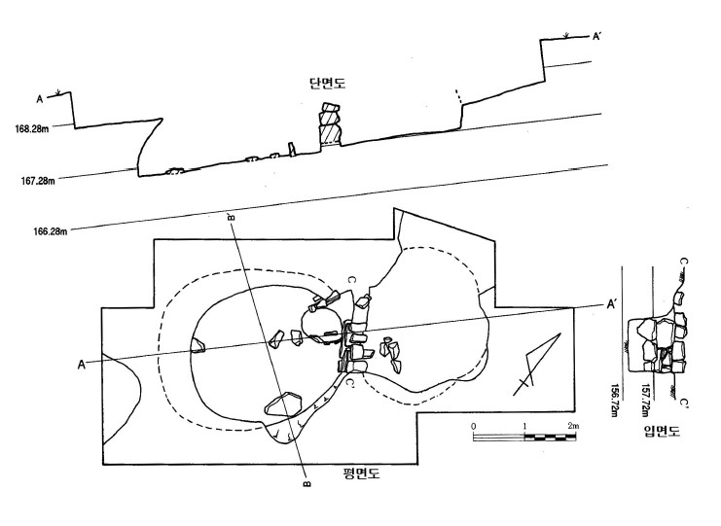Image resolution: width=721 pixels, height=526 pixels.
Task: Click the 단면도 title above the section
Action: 328,85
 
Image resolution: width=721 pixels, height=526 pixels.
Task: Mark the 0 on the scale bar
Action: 473,427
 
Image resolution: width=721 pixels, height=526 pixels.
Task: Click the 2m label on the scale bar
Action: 572,427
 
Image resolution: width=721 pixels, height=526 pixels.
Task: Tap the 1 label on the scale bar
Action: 523,427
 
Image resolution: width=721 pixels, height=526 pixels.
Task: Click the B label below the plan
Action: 306,482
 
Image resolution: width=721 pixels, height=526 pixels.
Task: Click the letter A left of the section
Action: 40,97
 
